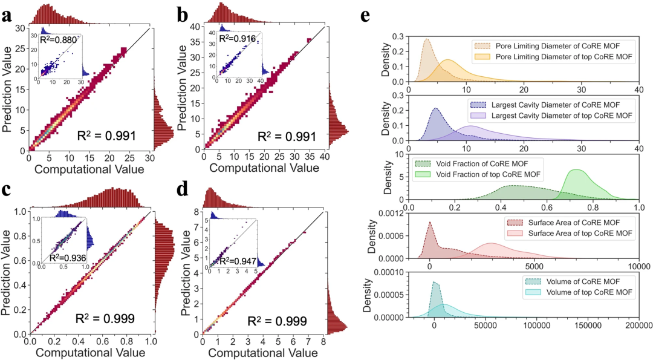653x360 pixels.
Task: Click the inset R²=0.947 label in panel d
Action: (236, 261)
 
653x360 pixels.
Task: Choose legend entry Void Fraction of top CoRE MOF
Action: (479, 174)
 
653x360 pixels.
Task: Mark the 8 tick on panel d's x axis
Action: (325, 342)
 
